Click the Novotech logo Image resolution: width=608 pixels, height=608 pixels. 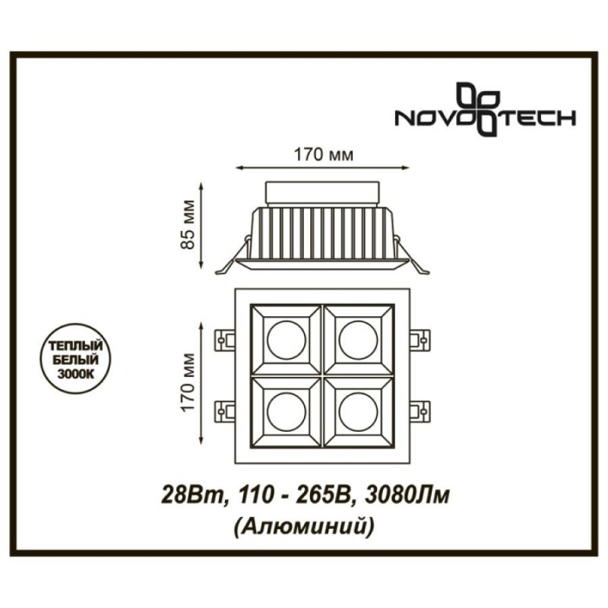click(x=485, y=109)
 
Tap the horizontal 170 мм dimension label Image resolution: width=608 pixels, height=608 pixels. click(x=324, y=155)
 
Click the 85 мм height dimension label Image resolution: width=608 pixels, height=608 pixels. click(x=188, y=224)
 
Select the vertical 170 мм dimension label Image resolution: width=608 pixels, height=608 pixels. click(x=188, y=382)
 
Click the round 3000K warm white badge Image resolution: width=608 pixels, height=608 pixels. click(x=75, y=359)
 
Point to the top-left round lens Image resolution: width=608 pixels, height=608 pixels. click(x=287, y=340)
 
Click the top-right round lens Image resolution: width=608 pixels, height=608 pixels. click(x=358, y=340)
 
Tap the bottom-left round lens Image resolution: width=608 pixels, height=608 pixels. click(x=287, y=412)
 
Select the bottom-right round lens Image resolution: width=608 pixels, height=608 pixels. click(x=358, y=412)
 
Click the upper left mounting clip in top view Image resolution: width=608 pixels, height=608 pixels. click(x=225, y=340)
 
